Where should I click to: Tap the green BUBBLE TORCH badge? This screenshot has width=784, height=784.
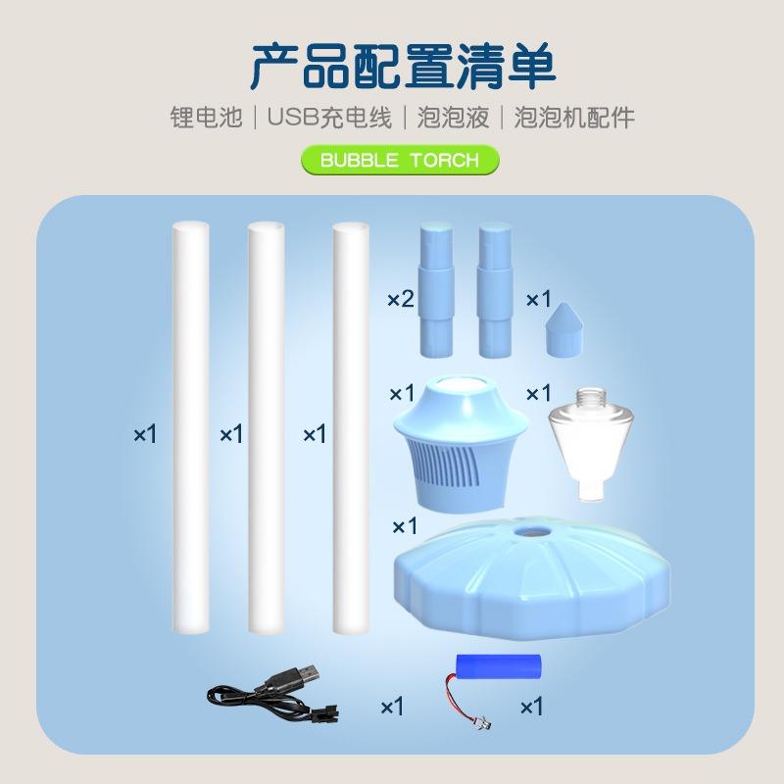[399, 159]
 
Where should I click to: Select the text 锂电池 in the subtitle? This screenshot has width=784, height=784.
[204, 119]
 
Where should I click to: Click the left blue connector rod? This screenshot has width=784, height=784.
[434, 291]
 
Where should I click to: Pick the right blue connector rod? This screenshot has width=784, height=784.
[495, 291]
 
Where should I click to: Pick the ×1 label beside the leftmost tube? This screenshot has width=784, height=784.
[145, 433]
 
